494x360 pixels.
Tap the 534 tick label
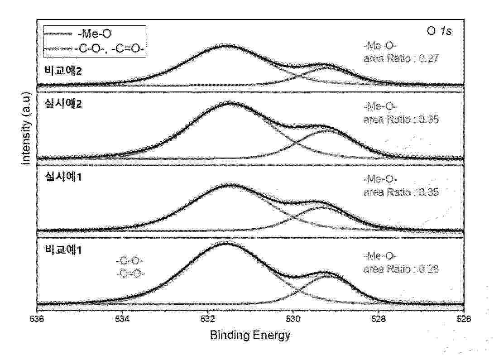tap(122, 319)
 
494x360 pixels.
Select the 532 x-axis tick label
tap(208, 319)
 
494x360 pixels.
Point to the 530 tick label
tap(293, 319)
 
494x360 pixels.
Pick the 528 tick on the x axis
tap(379, 319)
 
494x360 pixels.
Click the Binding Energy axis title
tap(250, 336)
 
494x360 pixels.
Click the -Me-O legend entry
tap(93, 34)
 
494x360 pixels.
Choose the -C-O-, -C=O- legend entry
tap(109, 48)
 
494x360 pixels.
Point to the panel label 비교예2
tap(56, 72)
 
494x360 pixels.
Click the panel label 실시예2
tap(56, 103)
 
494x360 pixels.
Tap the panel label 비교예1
tap(56, 250)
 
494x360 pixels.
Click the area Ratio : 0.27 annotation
tap(401, 58)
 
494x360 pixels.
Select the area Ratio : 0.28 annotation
tap(401, 269)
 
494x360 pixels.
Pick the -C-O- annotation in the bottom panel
tap(129, 261)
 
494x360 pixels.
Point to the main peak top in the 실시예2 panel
tap(228, 103)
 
